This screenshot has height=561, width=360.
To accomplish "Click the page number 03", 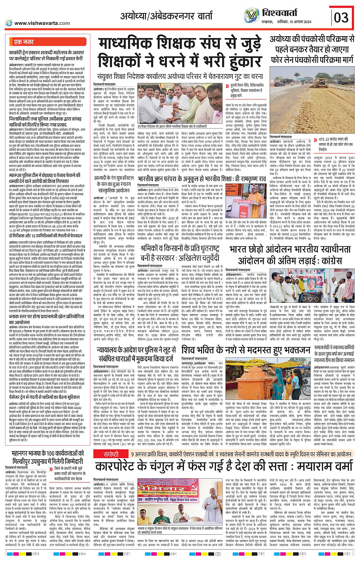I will click(341, 18).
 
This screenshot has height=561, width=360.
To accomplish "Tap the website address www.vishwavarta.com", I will click(42, 23).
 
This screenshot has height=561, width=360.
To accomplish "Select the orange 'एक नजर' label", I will click(24, 42).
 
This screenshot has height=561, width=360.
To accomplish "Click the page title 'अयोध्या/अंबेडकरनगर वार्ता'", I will click(166, 16).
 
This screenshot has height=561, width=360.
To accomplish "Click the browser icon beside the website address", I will click(8, 23).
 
